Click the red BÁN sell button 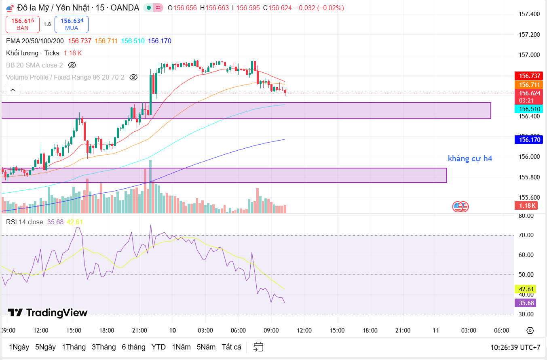[23, 24]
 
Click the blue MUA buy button [72, 24]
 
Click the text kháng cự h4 [470, 158]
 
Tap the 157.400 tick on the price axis [529, 14]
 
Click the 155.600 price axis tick [529, 198]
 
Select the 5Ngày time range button [45, 347]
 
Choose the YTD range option [158, 347]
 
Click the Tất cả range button [231, 347]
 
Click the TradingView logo [48, 313]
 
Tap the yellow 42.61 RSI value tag [525, 289]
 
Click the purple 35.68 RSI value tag [525, 303]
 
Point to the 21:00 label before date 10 [139, 331]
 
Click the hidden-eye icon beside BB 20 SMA [72, 65]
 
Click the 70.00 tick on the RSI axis [526, 235]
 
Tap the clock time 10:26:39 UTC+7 [515, 347]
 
